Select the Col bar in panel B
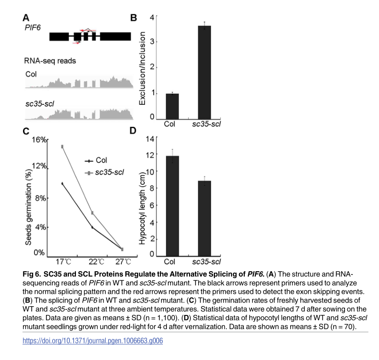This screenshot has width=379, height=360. point(172,106)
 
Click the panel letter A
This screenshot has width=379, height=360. point(27,18)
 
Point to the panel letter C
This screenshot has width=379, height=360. point(27,131)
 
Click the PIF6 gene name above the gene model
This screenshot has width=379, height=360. point(33,29)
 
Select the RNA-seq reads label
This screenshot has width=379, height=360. point(50,61)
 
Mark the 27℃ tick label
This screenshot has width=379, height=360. point(122,262)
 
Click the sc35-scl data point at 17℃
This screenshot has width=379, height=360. point(62,147)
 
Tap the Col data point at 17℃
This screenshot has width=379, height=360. point(62,183)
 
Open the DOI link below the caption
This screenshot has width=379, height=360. point(92,341)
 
